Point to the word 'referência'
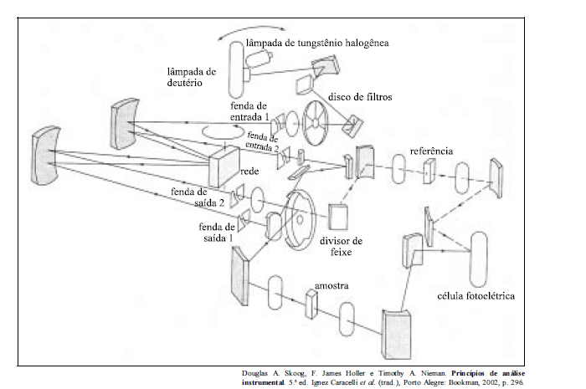432,151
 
